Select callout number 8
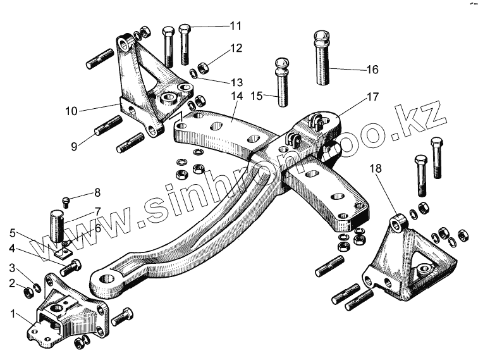(97, 192)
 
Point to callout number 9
(74, 146)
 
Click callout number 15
(255, 96)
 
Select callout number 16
(371, 69)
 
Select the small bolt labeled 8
(66, 202)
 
